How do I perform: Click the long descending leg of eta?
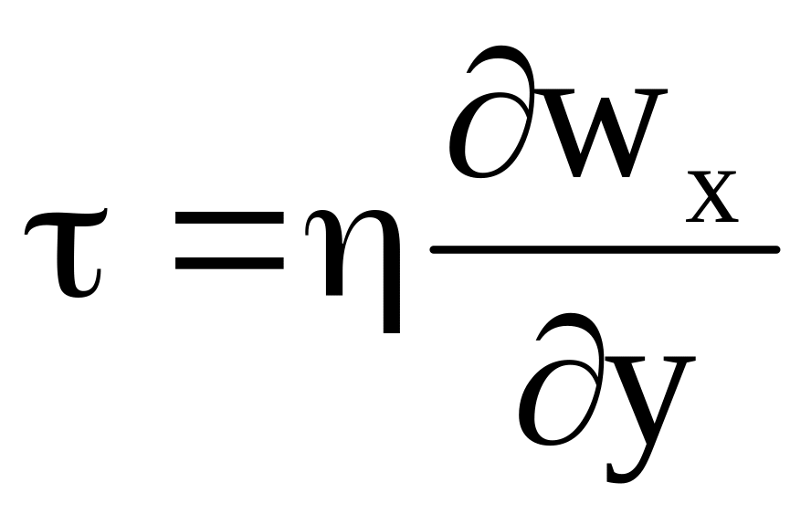[391, 301]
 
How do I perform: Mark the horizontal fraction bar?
[603, 249]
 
